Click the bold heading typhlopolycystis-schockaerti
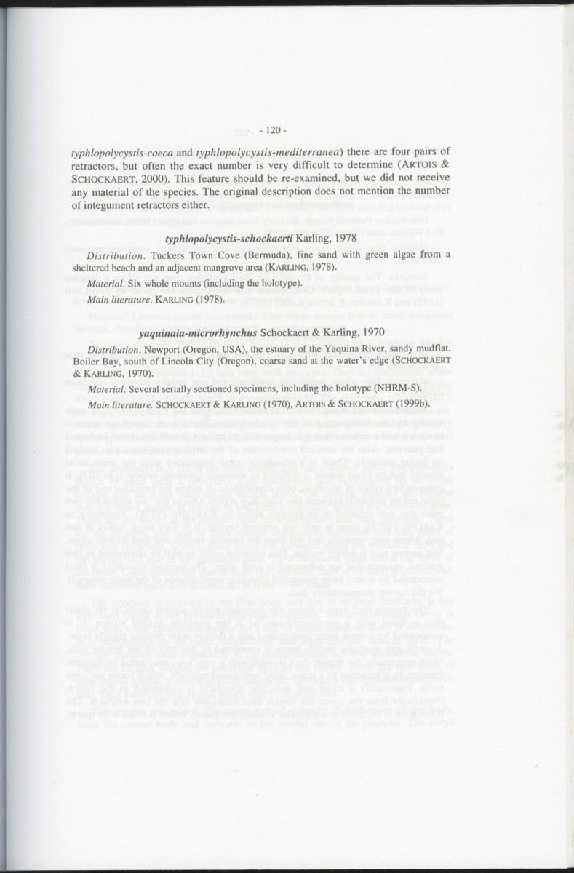pos(229,239)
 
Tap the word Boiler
pos(87,362)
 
